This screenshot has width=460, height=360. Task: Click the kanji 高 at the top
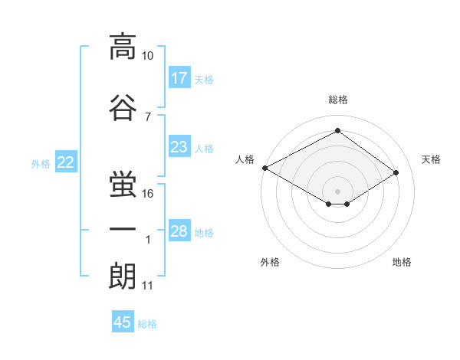123,47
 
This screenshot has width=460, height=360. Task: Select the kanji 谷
123,107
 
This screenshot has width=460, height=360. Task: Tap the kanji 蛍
123,184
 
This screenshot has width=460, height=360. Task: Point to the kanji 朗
123,276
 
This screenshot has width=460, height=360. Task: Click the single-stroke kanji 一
123,229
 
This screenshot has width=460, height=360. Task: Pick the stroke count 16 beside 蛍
147,194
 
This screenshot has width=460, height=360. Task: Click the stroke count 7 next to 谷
148,117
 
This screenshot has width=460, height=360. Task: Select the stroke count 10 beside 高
147,56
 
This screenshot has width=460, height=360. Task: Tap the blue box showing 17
179,77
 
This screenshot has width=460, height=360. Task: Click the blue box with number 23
179,146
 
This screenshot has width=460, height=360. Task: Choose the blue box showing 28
179,230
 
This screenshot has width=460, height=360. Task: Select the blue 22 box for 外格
66,162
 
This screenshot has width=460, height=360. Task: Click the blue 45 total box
123,321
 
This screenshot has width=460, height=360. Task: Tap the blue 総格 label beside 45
147,324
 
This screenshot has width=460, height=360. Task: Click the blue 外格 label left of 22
41,164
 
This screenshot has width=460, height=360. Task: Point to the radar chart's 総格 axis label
338,100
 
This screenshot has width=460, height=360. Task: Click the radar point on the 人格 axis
265,168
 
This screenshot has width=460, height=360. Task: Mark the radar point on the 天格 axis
396,172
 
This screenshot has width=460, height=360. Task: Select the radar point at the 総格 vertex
337,130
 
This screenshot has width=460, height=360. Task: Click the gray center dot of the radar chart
337,191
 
